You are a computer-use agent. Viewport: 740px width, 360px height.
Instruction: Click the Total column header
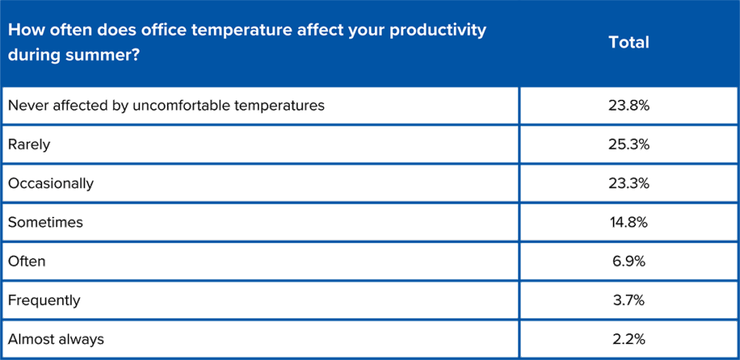click(629, 43)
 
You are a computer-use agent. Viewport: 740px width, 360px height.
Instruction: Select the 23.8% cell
click(629, 106)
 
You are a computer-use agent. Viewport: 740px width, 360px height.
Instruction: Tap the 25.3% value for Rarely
click(629, 144)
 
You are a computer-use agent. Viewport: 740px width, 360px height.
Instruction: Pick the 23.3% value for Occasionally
click(629, 183)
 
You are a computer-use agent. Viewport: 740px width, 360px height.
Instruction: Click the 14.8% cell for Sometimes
click(629, 222)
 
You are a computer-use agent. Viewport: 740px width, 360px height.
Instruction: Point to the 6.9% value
click(629, 261)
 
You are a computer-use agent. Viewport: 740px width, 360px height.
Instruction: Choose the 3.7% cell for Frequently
click(629, 300)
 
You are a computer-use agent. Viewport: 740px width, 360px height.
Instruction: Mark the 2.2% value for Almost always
click(629, 339)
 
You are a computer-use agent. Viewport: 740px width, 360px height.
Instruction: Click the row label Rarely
click(29, 145)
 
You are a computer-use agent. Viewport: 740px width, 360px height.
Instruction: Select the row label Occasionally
click(51, 184)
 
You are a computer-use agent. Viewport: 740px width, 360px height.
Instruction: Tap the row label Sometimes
click(46, 222)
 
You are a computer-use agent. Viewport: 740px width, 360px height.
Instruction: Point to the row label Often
click(27, 261)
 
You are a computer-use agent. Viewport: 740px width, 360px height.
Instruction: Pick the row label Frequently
click(44, 301)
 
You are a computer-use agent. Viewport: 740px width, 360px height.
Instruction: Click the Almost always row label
click(56, 339)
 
